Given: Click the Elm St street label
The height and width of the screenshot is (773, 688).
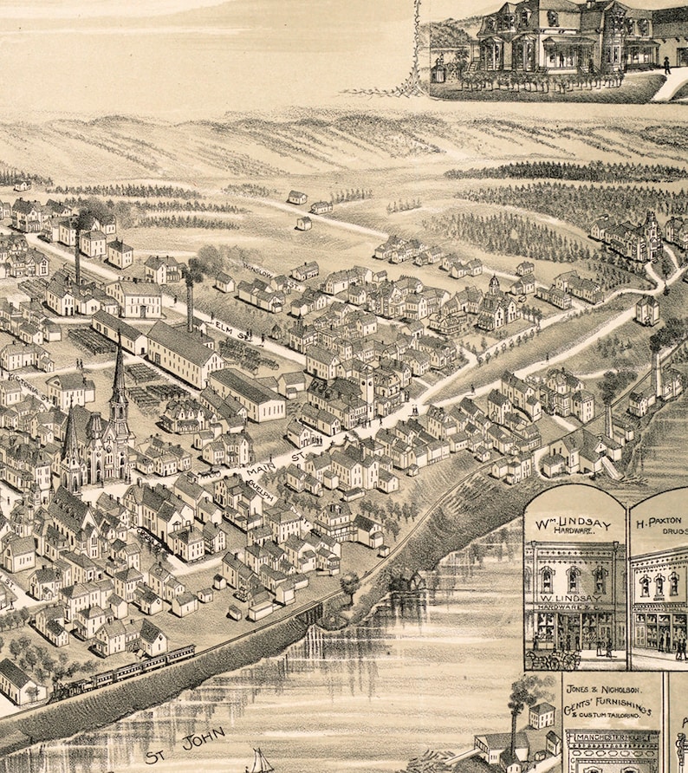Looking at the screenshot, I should pos(226,328).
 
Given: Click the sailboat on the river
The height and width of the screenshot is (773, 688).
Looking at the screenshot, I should pos(258,761).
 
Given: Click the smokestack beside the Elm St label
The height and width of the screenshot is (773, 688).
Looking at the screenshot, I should pos(190,303).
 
